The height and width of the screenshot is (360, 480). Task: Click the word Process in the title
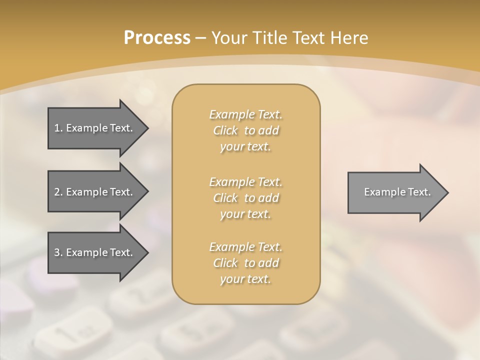pos(157,38)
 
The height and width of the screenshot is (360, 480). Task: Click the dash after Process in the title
pos(200,38)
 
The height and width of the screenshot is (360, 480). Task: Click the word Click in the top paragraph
pos(225,130)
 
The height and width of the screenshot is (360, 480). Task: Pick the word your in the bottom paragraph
pos(231,279)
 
